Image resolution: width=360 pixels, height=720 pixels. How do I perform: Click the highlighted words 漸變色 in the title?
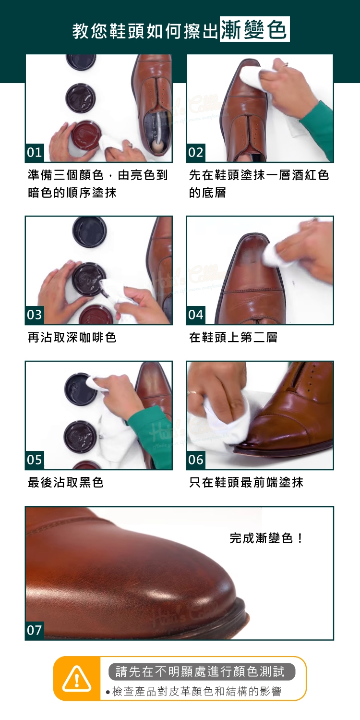pyautogui.click(x=255, y=29)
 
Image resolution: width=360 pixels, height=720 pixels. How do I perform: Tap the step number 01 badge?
pyautogui.click(x=35, y=152)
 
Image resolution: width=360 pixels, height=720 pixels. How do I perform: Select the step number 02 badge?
pyautogui.click(x=195, y=152)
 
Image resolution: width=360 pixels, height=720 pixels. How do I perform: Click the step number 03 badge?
pyautogui.click(x=35, y=315)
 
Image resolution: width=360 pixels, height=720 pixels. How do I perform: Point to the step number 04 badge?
pyautogui.click(x=195, y=315)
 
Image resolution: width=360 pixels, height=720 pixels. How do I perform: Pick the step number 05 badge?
pyautogui.click(x=35, y=460)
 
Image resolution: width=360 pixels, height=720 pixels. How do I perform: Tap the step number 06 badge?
pyautogui.click(x=195, y=460)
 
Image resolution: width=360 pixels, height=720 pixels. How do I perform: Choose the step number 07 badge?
pyautogui.click(x=35, y=630)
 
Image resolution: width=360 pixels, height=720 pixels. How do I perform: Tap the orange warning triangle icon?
pyautogui.click(x=77, y=679)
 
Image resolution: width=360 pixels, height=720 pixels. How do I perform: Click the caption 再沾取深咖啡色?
pyautogui.click(x=72, y=338)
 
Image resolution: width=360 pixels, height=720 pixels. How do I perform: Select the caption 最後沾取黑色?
pyautogui.click(x=65, y=482)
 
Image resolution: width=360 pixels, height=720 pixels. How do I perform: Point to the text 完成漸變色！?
pyautogui.click(x=266, y=538)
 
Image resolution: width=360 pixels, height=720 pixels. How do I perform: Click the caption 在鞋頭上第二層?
pyautogui.click(x=233, y=338)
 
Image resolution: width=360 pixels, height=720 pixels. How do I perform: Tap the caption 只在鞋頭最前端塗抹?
pyautogui.click(x=246, y=482)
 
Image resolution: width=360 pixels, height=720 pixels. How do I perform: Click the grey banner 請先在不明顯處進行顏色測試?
pyautogui.click(x=202, y=671)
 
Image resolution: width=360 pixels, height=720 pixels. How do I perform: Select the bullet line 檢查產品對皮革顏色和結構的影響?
pyautogui.click(x=194, y=691)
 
